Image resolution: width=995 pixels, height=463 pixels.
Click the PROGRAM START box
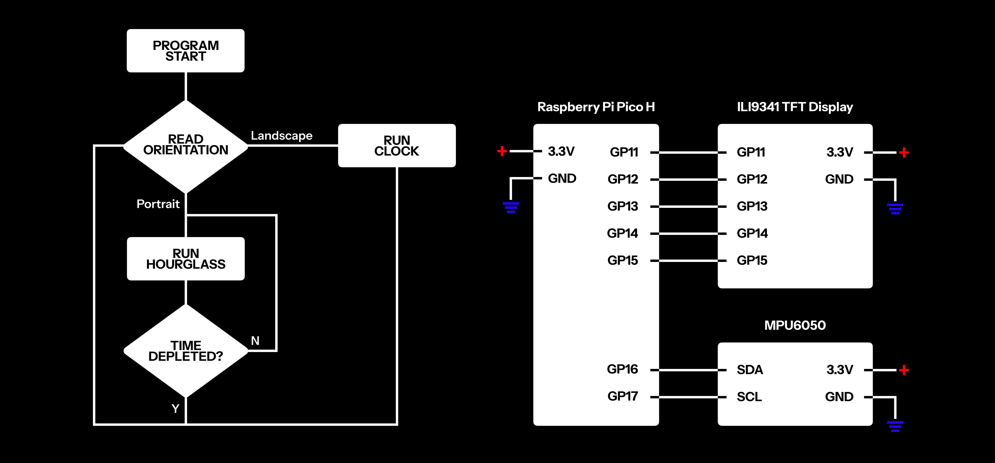pyautogui.click(x=185, y=51)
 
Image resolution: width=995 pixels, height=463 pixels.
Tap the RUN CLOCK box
pyautogui.click(x=397, y=146)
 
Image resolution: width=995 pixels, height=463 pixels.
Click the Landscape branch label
pyautogui.click(x=282, y=136)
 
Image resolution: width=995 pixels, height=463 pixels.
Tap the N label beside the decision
pyautogui.click(x=255, y=341)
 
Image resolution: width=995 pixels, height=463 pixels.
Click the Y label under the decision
pyautogui.click(x=175, y=409)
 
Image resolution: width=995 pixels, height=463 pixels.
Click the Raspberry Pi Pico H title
pyautogui.click(x=596, y=107)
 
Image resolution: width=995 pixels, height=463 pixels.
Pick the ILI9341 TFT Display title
pyautogui.click(x=795, y=107)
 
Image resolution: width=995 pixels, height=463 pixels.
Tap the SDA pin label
pyautogui.click(x=750, y=370)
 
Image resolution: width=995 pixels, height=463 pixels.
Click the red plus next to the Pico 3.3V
pyautogui.click(x=502, y=151)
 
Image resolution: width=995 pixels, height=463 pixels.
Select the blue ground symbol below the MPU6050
pyautogui.click(x=895, y=426)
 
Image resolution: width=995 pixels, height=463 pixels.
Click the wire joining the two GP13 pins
pyautogui.click(x=688, y=207)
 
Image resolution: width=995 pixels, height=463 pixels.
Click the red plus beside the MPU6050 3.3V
pyautogui.click(x=904, y=370)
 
